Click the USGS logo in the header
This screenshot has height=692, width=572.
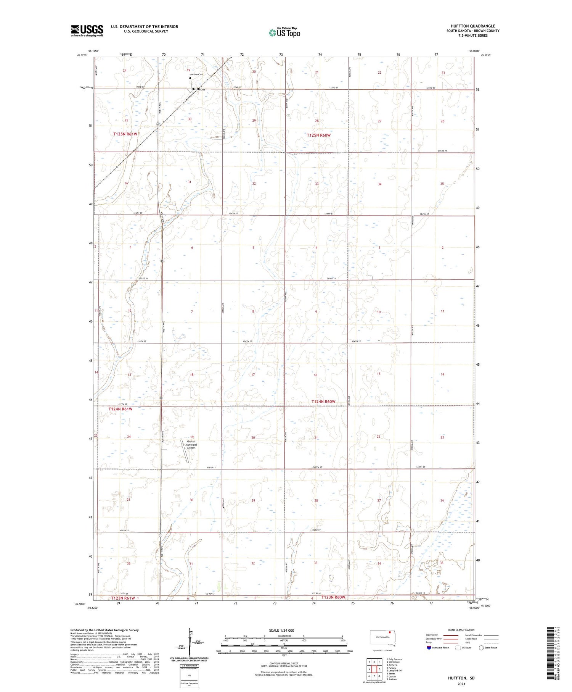(87, 31)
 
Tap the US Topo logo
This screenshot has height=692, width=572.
(284, 33)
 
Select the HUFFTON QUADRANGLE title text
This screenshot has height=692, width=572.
(473, 26)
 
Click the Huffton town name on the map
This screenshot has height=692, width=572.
(198, 89)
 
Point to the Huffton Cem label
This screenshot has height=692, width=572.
(196, 74)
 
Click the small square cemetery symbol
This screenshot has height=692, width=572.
(190, 78)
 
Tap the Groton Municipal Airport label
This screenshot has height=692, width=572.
(191, 445)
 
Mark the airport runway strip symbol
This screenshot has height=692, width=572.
(185, 451)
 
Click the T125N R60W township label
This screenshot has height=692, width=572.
(319, 135)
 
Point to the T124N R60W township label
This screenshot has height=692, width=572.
(323, 402)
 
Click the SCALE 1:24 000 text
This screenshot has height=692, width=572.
(281, 630)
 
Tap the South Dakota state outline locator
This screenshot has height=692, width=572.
(382, 638)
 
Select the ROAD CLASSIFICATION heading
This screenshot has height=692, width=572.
(461, 630)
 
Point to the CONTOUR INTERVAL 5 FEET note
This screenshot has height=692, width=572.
(284, 664)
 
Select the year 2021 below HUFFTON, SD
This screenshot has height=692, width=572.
(461, 684)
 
